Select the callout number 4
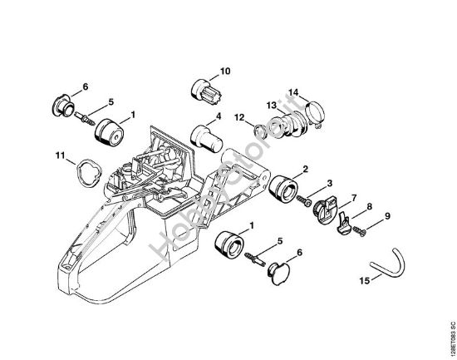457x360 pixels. tap(219, 116)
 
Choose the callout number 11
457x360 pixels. tap(59, 155)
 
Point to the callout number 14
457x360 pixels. tap(293, 91)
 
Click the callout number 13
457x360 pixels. tap(271, 105)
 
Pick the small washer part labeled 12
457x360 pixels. tap(259, 131)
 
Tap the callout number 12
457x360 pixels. tap(238, 116)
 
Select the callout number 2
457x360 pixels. tap(305, 170)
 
